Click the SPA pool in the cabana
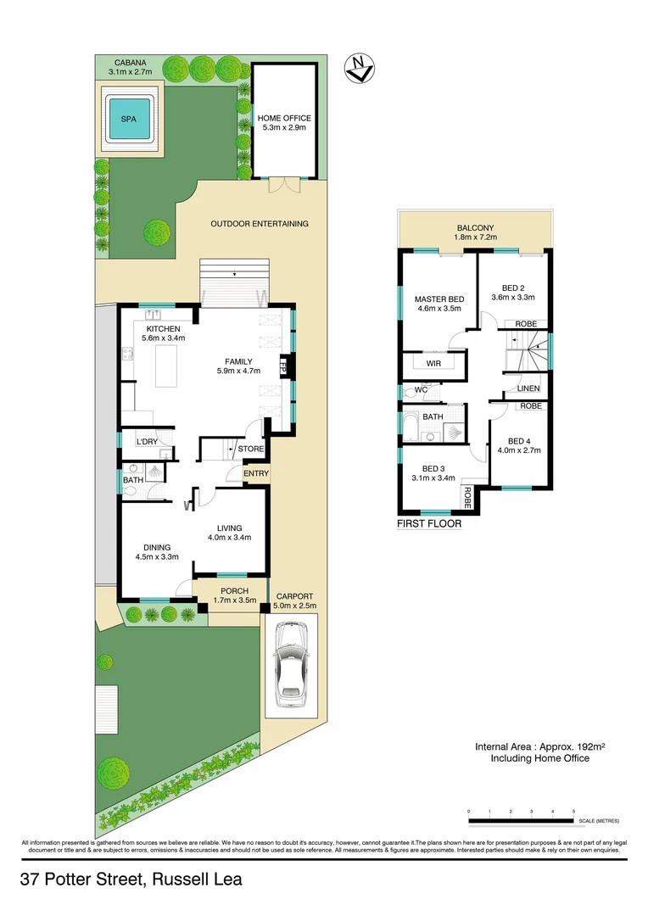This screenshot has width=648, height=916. pyautogui.click(x=129, y=119)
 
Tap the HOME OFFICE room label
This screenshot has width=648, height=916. pyautogui.click(x=284, y=118)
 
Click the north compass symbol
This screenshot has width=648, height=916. pyautogui.click(x=359, y=68)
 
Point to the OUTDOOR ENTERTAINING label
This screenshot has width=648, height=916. pyautogui.click(x=260, y=224)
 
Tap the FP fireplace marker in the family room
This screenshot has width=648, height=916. pyautogui.click(x=284, y=367)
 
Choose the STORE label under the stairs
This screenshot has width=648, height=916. pyautogui.click(x=250, y=449)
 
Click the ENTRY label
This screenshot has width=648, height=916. pyautogui.click(x=255, y=473)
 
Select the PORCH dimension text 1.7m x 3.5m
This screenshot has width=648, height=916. pyautogui.click(x=233, y=600)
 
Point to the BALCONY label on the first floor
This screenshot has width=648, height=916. pyautogui.click(x=475, y=228)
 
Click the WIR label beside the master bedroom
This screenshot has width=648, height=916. pyautogui.click(x=433, y=363)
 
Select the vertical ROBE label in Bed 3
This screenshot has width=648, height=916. pyautogui.click(x=466, y=496)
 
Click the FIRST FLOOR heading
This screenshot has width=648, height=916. pyautogui.click(x=429, y=524)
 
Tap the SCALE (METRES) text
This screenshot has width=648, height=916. pyautogui.click(x=600, y=822)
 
